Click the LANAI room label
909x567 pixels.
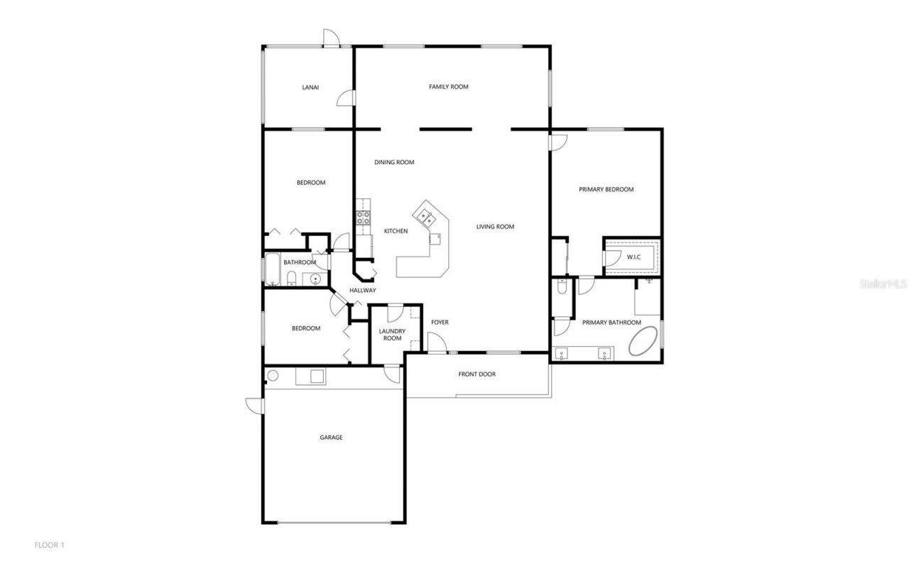click(310, 87)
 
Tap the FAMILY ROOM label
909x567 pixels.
click(448, 87)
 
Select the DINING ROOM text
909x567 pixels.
click(394, 162)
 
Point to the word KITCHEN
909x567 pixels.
click(396, 231)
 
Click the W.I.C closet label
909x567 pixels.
click(633, 257)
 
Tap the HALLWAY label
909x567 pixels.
click(362, 290)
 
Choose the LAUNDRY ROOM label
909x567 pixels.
click(392, 334)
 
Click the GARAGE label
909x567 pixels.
click(331, 437)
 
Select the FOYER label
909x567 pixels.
click(440, 322)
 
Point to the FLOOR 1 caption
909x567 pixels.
click(50, 545)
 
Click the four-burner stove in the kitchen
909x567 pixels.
click(363, 217)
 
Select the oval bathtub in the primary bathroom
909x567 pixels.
click(644, 341)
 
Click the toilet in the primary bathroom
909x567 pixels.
click(562, 287)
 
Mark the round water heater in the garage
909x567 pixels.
click(272, 375)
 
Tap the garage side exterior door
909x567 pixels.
click(254, 405)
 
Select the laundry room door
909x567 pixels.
click(396, 310)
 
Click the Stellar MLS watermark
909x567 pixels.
click(883, 283)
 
